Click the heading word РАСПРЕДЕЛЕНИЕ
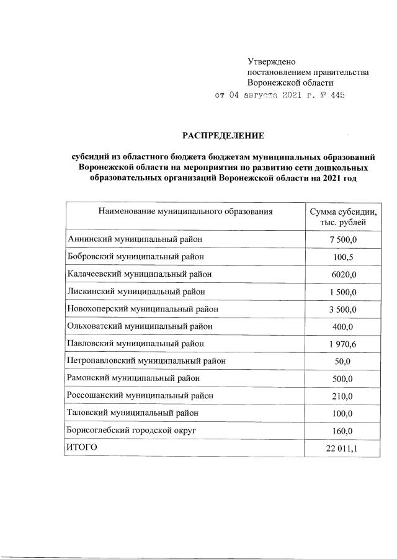tap(223, 135)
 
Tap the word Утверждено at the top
tap(272, 61)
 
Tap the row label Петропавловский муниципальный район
tap(146, 360)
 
